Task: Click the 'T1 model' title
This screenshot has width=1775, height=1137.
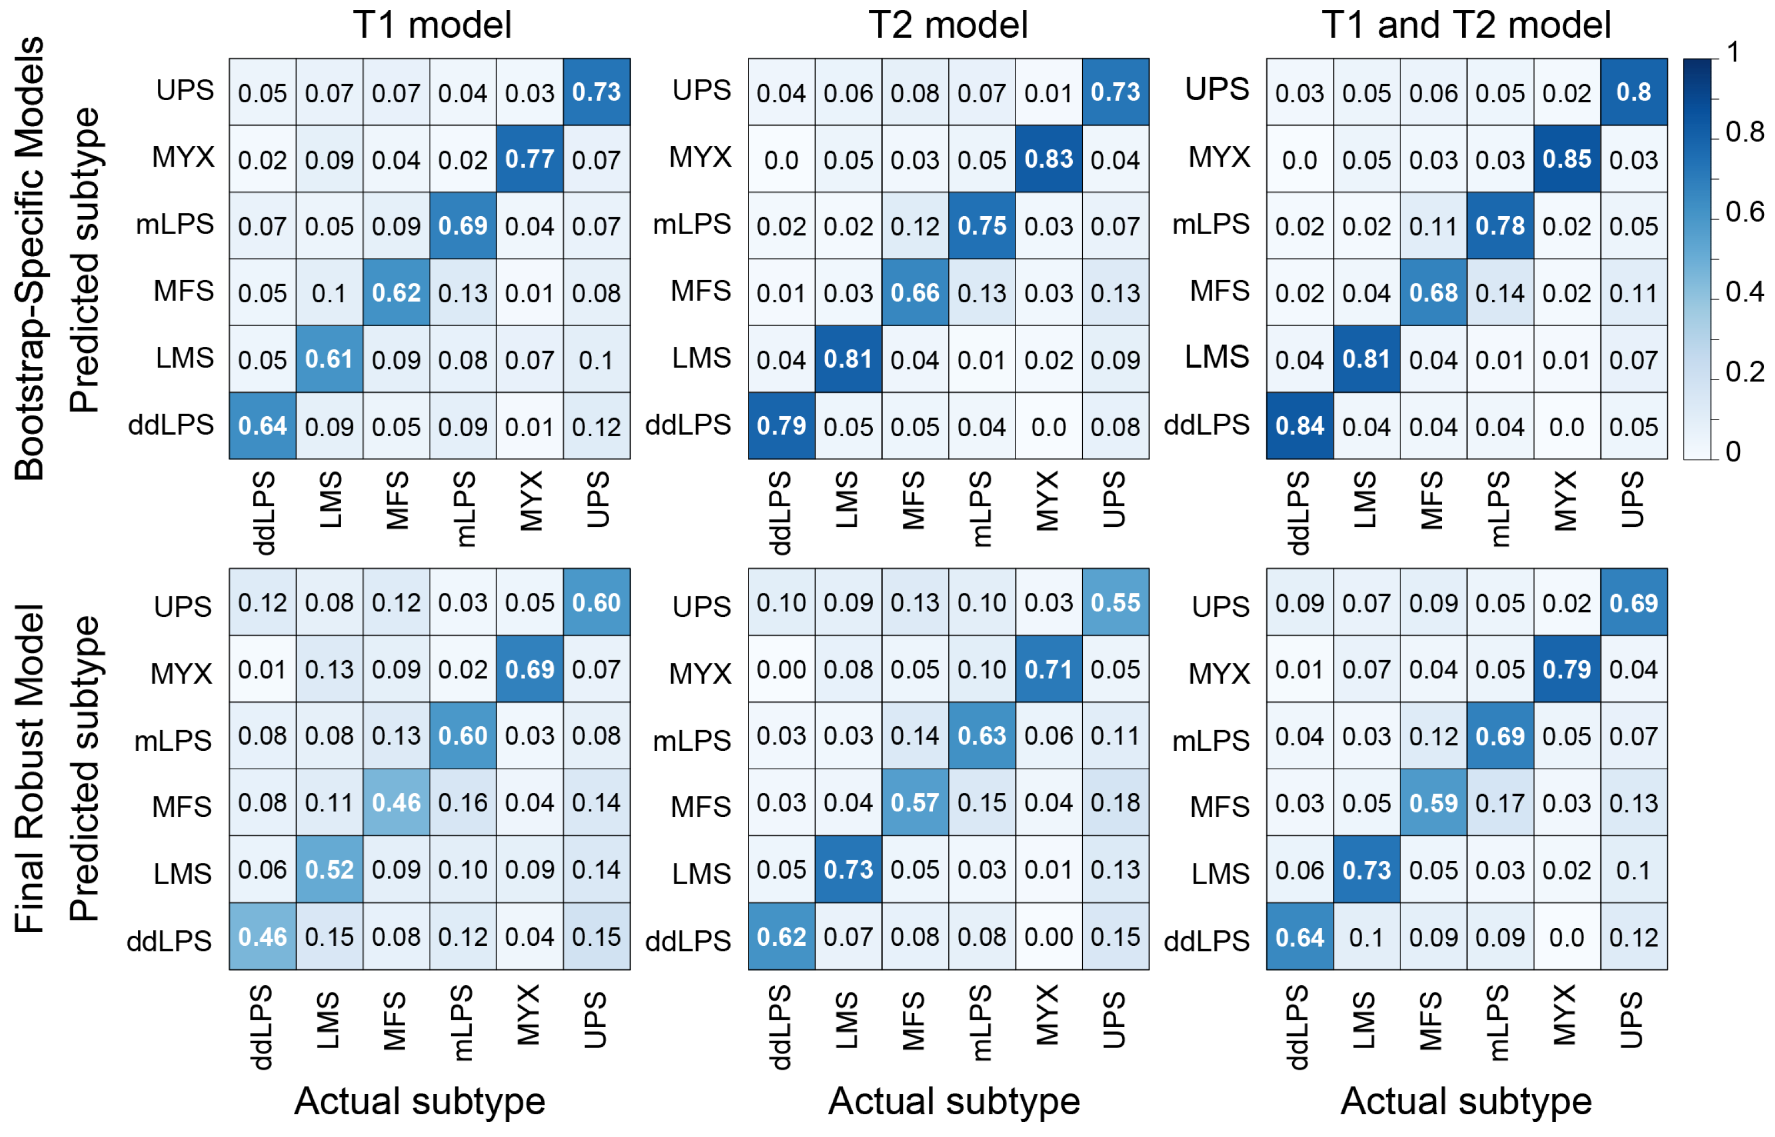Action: (x=432, y=24)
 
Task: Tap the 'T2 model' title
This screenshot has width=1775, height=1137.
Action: (x=948, y=24)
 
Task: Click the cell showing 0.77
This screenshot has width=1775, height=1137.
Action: (x=530, y=159)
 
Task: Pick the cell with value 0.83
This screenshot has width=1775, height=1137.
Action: (x=1049, y=159)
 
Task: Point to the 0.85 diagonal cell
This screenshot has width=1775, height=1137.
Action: (x=1567, y=159)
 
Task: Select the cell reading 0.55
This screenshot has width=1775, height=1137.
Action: (x=1115, y=602)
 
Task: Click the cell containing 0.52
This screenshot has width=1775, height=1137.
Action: (x=329, y=869)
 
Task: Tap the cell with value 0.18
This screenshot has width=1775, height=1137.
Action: (x=1115, y=802)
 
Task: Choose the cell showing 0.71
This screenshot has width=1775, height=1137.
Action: (x=1049, y=669)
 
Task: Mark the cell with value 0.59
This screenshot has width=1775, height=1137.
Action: (x=1433, y=802)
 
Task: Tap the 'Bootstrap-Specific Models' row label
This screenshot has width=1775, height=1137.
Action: (x=29, y=258)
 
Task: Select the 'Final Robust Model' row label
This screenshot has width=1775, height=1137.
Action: (x=29, y=768)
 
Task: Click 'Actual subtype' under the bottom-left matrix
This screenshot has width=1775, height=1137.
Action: (x=419, y=1101)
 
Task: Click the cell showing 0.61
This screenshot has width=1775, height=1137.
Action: (x=329, y=359)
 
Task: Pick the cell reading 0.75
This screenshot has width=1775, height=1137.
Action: (x=982, y=225)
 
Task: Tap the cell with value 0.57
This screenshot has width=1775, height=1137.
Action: (x=915, y=802)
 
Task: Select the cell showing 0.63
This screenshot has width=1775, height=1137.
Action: (x=982, y=735)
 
